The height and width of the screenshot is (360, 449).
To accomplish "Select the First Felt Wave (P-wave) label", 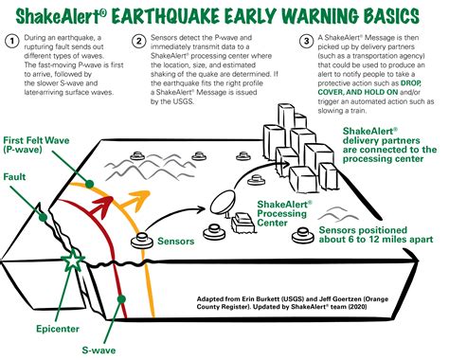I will click(x=38, y=146).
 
